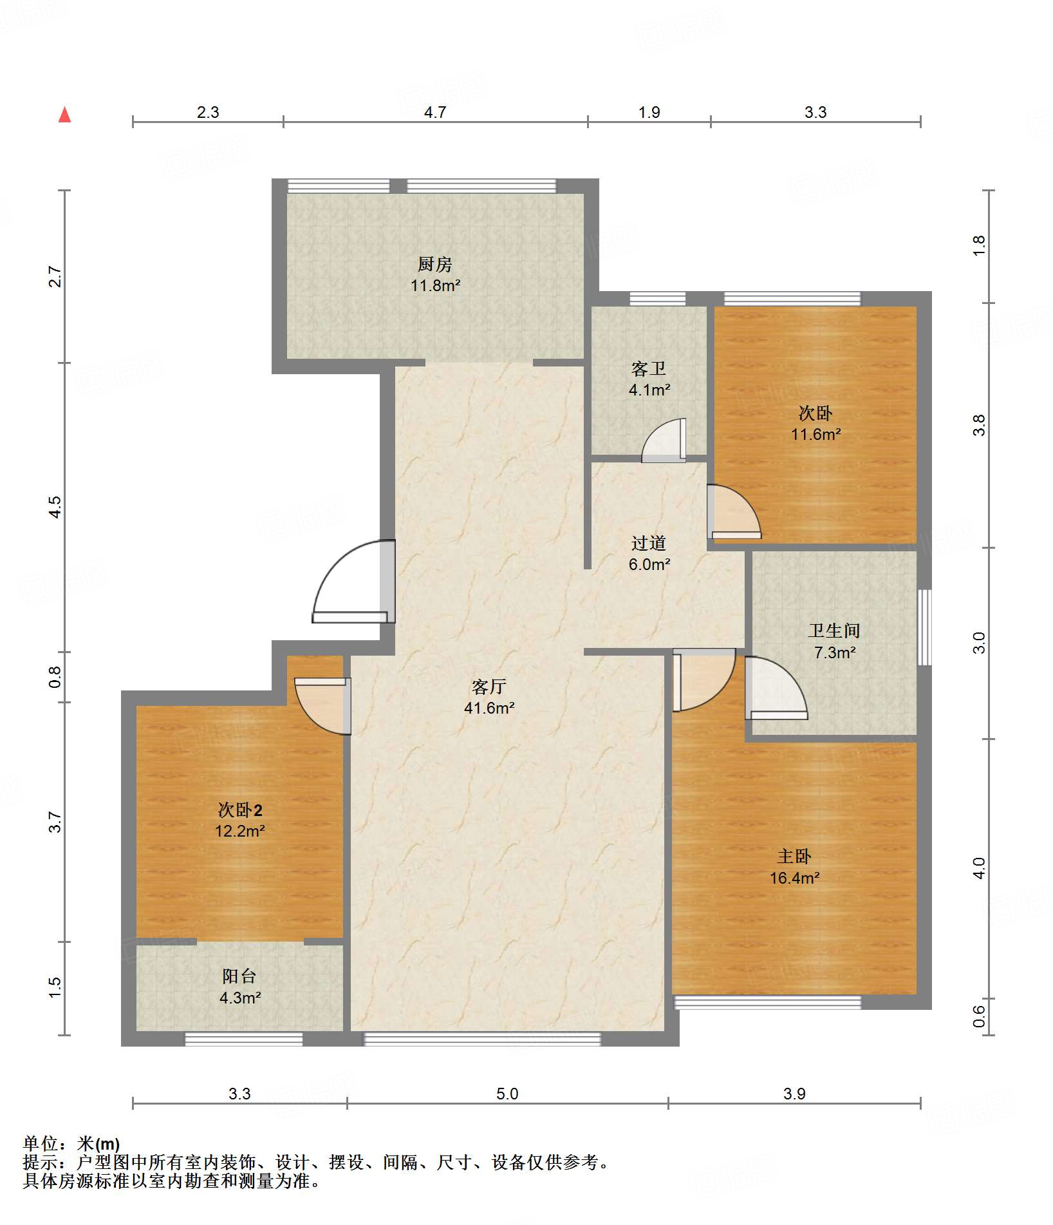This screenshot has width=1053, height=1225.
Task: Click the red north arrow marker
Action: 64,115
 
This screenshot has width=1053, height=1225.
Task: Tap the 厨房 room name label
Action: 435,264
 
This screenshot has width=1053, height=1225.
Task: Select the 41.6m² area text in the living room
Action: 489,708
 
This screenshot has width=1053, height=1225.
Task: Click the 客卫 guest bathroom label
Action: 649,369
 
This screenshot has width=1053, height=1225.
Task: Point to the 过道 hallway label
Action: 649,544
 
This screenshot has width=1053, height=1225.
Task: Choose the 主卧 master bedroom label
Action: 794,857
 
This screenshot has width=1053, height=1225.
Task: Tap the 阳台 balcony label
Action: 239,976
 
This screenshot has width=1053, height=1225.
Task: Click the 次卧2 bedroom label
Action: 240,810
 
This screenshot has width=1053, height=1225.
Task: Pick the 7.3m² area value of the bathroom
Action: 835,652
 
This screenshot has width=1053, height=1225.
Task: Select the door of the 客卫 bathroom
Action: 664,441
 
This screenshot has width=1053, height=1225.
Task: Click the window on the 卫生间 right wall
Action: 924,627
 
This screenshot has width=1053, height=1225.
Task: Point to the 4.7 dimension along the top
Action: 435,112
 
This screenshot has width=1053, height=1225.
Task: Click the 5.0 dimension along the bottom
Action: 507,1094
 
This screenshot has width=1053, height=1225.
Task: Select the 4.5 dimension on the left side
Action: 55,507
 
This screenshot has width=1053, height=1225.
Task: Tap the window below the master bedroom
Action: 767,1002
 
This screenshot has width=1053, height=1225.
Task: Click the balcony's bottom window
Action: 244,1039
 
